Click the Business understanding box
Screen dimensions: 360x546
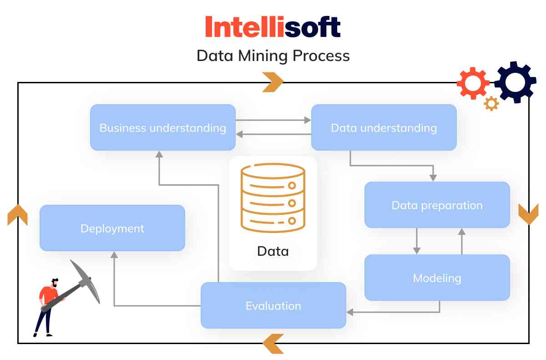pyautogui.click(x=162, y=127)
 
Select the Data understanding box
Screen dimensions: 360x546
pyautogui.click(x=384, y=127)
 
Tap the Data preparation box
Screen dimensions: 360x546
pyautogui.click(x=437, y=205)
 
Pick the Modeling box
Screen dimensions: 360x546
pyautogui.click(x=437, y=278)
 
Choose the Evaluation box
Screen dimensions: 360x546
pyautogui.click(x=273, y=305)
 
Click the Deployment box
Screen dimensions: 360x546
pyautogui.click(x=112, y=228)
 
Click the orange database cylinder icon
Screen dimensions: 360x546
pyautogui.click(x=273, y=198)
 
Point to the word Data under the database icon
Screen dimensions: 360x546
pyautogui.click(x=273, y=251)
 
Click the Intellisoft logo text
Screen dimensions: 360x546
pyautogui.click(x=273, y=27)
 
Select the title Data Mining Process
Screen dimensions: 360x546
pyautogui.click(x=273, y=56)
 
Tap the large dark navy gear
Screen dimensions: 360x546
pyautogui.click(x=515, y=82)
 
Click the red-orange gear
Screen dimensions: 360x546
pyautogui.click(x=473, y=83)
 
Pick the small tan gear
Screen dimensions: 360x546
pyautogui.click(x=491, y=104)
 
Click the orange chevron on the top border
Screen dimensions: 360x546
pyautogui.click(x=273, y=82)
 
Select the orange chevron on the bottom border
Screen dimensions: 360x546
pyautogui.click(x=273, y=344)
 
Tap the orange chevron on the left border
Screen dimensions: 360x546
pyautogui.click(x=18, y=215)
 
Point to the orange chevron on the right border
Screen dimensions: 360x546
pyautogui.click(x=528, y=213)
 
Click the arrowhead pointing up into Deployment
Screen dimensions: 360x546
pyautogui.click(x=114, y=255)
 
